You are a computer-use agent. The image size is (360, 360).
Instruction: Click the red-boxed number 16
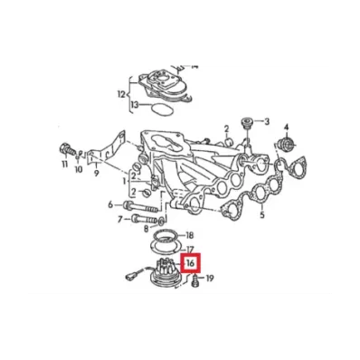coord(190,263)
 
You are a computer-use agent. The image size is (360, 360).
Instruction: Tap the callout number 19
coord(210,278)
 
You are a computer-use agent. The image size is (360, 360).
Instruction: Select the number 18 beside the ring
coord(189,235)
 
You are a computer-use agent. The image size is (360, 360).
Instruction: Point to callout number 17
coord(189,250)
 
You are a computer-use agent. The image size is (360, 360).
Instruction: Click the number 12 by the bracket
coord(121,95)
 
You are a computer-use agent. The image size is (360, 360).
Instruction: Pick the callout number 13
coord(135,105)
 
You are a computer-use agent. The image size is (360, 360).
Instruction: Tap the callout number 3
coord(267,122)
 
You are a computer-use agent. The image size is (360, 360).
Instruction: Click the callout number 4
coord(286,127)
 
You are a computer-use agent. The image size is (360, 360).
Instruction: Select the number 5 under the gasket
coord(262,215)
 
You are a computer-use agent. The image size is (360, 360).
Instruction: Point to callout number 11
coord(65,165)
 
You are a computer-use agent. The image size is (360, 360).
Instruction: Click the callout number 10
coord(79,170)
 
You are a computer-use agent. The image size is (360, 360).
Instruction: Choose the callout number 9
coord(97,174)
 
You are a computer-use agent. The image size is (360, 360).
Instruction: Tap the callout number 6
coord(110,205)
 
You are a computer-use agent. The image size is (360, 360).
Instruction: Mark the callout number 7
coord(119,220)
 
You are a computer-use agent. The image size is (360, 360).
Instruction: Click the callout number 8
coord(146,230)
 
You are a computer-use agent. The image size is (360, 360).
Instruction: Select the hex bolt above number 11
coord(67,149)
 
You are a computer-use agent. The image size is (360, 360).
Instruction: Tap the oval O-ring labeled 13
coord(162,109)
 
